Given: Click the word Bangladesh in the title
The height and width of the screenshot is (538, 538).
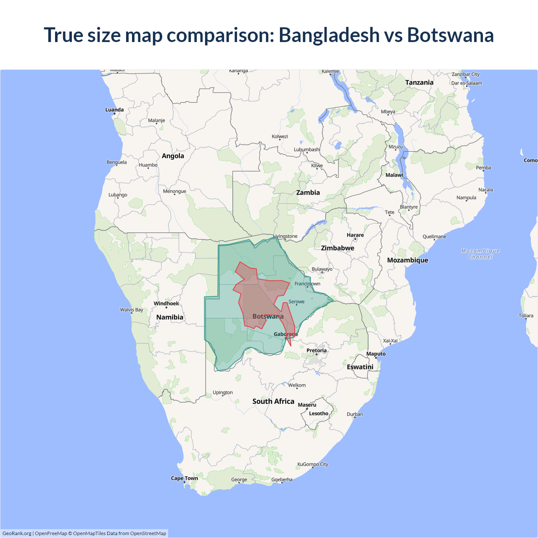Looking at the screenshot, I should [x=329, y=35].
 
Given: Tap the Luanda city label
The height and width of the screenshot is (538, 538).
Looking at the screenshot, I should [x=114, y=110].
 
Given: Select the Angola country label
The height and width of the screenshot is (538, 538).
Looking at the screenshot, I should [x=173, y=156].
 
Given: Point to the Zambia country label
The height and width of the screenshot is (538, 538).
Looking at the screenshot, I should [x=308, y=193].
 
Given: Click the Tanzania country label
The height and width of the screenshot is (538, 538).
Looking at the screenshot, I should [x=419, y=82].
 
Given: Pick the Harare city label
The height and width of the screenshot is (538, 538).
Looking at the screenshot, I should [x=355, y=235].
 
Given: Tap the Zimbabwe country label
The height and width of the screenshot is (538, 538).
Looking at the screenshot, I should [x=338, y=248].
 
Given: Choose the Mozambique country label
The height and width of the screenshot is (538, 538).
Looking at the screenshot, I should [x=407, y=260].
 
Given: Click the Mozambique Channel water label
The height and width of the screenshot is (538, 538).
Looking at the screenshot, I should [x=480, y=254].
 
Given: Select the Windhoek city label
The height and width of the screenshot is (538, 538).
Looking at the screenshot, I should [x=166, y=303].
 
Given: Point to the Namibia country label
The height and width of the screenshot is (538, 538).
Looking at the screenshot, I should [x=170, y=317].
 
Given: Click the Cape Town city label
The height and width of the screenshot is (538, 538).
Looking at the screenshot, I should [x=184, y=478].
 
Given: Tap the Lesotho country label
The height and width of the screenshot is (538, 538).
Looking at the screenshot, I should [x=319, y=414].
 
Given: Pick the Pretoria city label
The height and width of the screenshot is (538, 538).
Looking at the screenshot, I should [x=316, y=351].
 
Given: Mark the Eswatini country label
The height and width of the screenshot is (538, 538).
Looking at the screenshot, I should [x=360, y=367].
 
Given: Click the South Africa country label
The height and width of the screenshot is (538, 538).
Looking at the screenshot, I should [x=273, y=401].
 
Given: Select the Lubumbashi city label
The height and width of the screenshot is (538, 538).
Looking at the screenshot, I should [x=307, y=150].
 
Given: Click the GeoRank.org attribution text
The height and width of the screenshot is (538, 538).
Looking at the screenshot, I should [x=17, y=533].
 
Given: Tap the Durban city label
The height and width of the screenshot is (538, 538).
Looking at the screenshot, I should [x=355, y=414].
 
